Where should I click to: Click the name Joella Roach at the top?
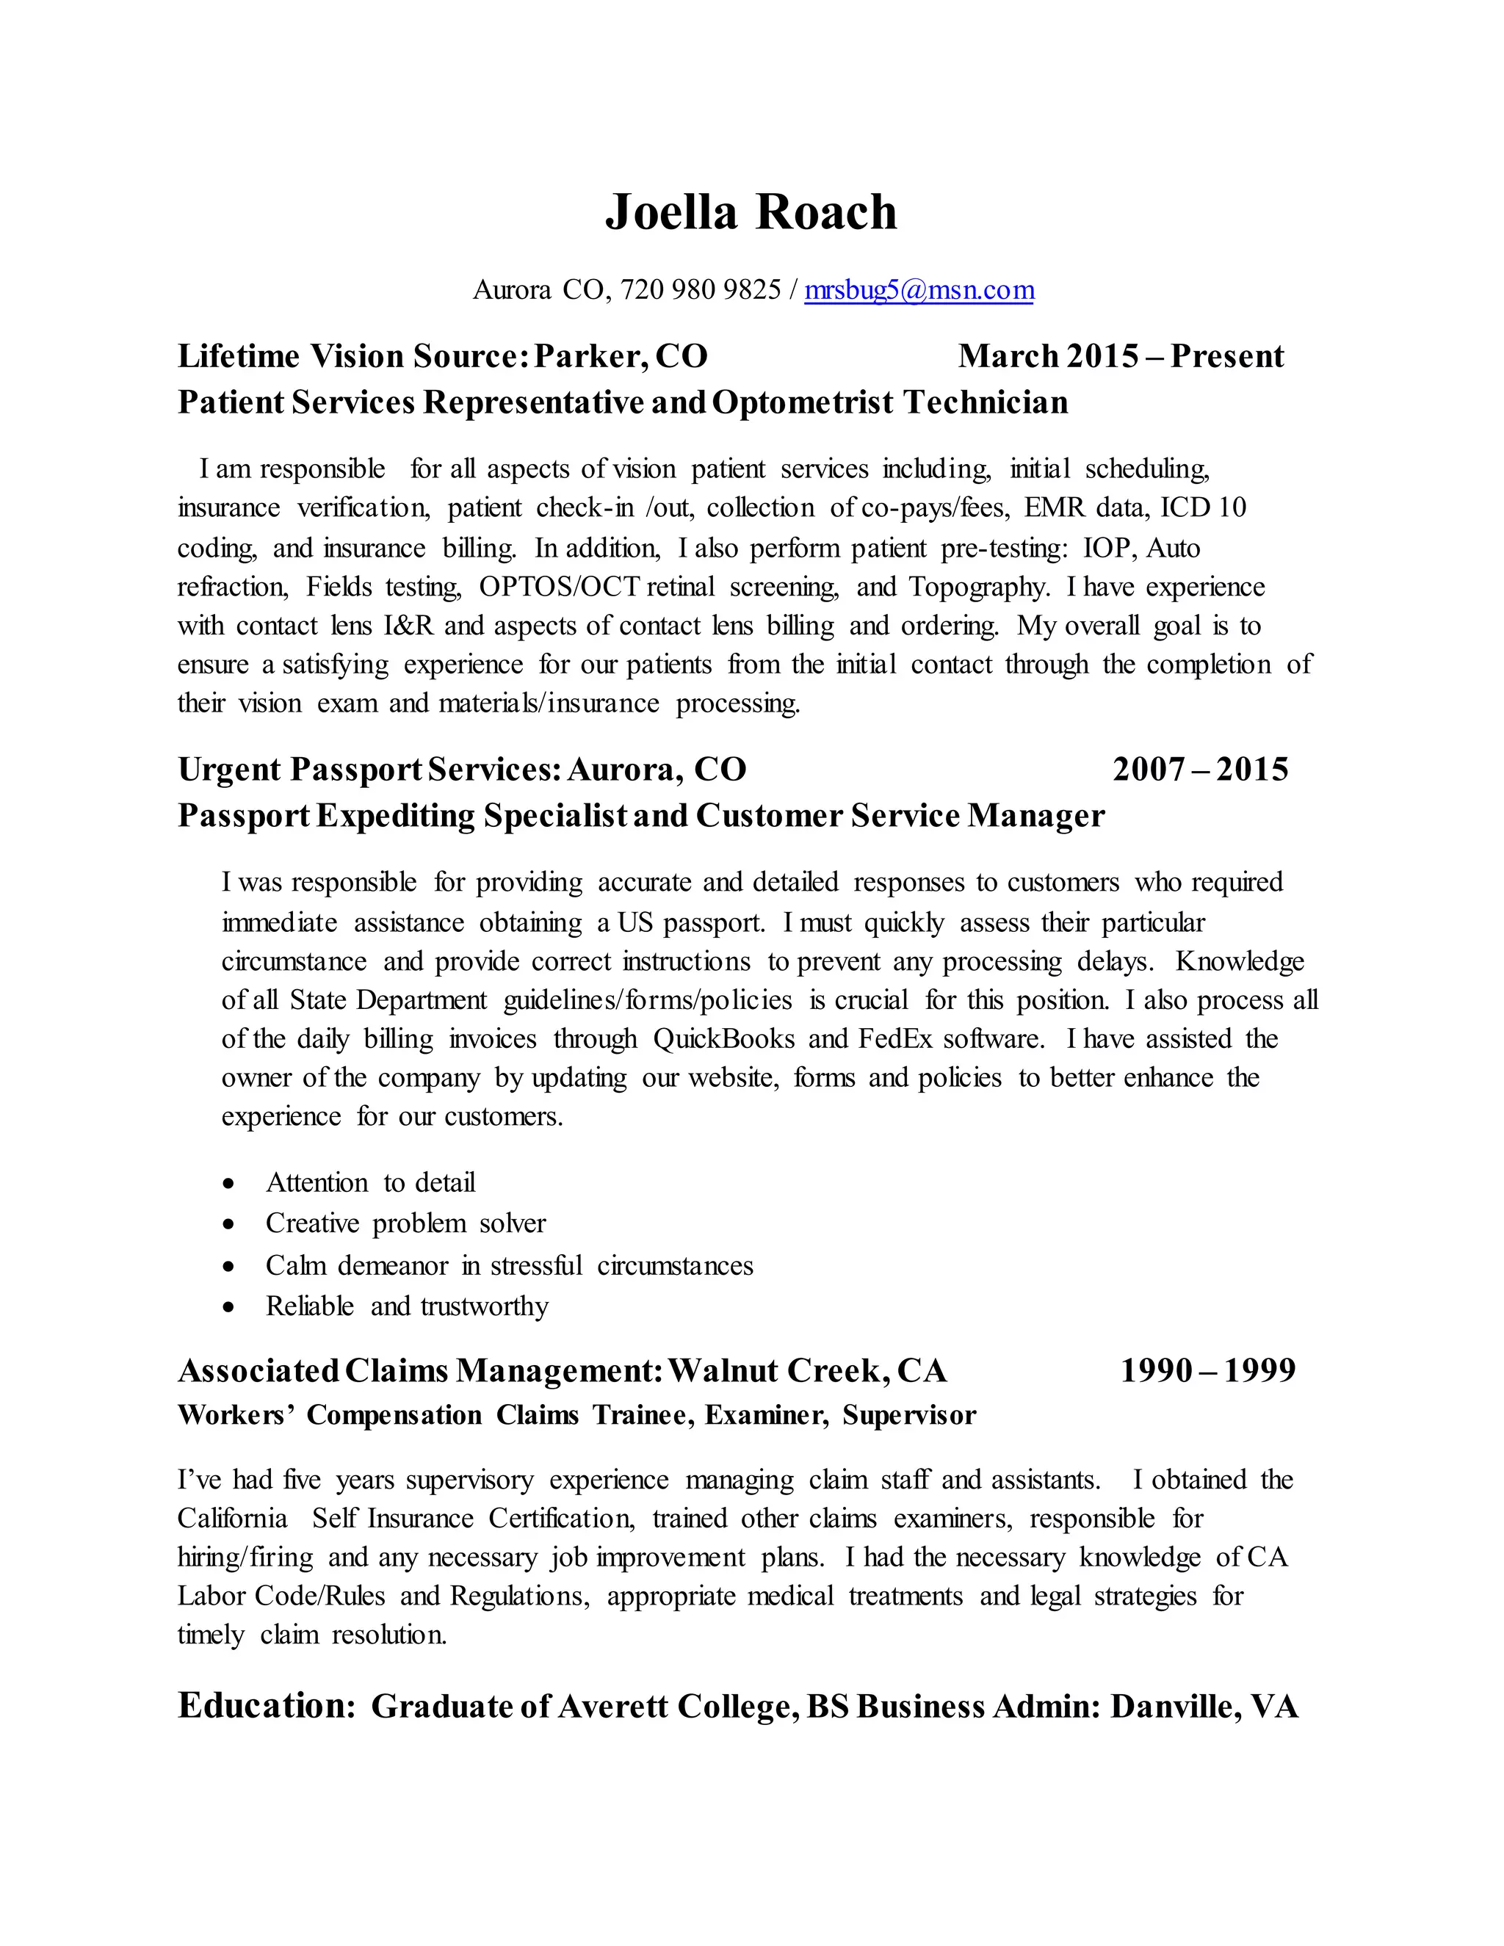[x=751, y=212]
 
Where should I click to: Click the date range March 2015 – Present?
[x=1120, y=356]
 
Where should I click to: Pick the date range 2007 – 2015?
[x=1199, y=769]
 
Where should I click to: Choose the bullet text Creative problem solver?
[x=405, y=1223]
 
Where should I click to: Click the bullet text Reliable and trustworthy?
[x=406, y=1306]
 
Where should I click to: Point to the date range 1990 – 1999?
[x=1207, y=1370]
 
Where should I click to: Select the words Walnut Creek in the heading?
[x=777, y=1370]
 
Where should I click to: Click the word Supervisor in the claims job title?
[x=909, y=1415]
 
